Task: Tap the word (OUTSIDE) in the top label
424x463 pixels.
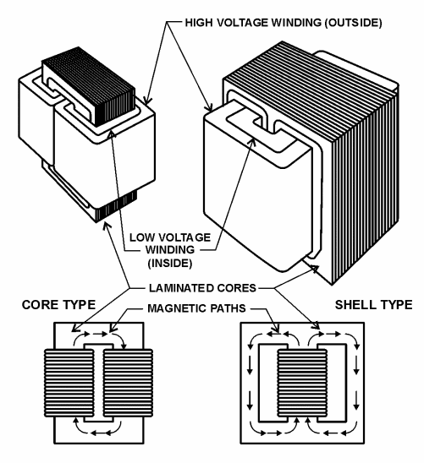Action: click(354, 23)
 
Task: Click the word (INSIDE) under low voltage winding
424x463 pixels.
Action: click(170, 263)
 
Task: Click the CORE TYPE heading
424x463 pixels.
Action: click(58, 304)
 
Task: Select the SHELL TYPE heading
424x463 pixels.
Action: click(373, 304)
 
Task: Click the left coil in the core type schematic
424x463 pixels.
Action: click(69, 383)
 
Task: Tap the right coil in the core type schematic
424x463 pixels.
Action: click(128, 383)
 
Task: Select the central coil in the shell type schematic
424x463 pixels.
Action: click(302, 383)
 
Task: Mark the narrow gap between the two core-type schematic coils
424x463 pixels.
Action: click(98, 383)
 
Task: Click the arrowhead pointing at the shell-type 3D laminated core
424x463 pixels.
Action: click(314, 269)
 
